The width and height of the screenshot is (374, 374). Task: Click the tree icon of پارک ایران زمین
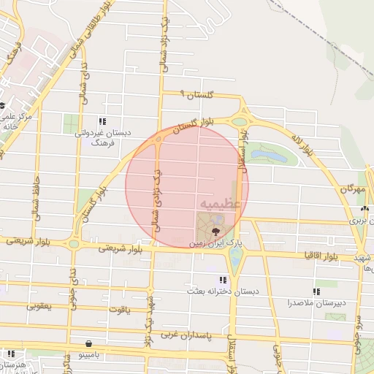coord(215,232)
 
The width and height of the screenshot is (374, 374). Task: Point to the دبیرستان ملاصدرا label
coord(317,302)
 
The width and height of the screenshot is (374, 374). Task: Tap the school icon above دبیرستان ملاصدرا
coord(316,291)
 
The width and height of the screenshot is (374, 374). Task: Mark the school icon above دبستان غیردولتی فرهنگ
coord(102,121)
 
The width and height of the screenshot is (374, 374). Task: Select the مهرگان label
coord(351,188)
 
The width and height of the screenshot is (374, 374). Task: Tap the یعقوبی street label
coord(40,305)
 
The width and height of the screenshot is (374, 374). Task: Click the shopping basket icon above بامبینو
coord(89,343)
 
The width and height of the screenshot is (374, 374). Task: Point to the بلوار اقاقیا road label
coord(315,256)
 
